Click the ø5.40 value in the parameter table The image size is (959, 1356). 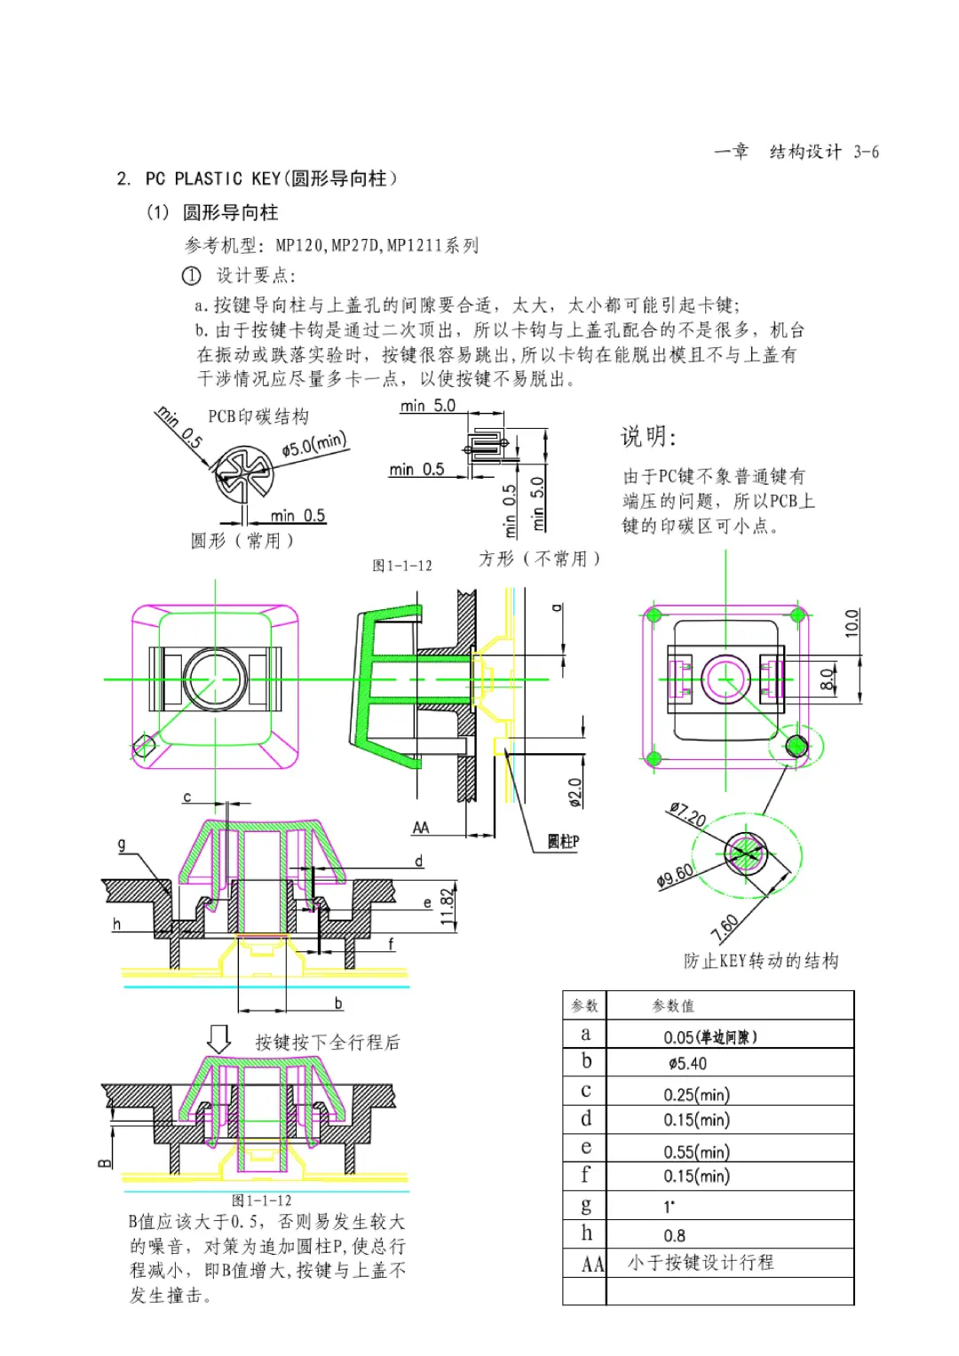(x=688, y=1064)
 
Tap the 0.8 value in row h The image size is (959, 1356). (x=675, y=1235)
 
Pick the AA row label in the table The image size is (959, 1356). (x=592, y=1264)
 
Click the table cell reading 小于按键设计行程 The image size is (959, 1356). (x=701, y=1263)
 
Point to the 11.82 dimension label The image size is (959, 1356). (x=447, y=908)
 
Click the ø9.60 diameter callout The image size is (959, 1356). (x=676, y=876)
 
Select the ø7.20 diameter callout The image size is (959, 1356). (x=687, y=813)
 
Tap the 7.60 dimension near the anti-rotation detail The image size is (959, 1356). (x=725, y=927)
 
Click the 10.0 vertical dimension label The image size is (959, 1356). (x=852, y=622)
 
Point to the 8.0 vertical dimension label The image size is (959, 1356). (x=827, y=680)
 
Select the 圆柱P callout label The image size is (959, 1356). (x=563, y=841)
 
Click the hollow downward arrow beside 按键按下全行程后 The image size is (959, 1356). (x=218, y=1038)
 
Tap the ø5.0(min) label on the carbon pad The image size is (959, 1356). (x=314, y=443)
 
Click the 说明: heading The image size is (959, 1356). (x=648, y=436)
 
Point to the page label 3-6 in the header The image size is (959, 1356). (x=866, y=152)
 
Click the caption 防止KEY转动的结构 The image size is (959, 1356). (x=761, y=960)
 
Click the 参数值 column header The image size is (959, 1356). (x=673, y=1006)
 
